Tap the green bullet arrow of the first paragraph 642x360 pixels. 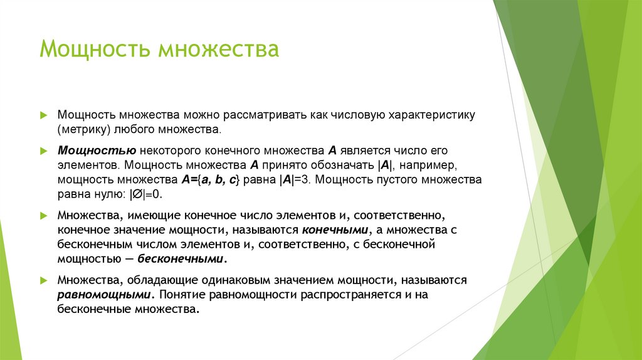(43, 116)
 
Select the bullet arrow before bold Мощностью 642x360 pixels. (43, 152)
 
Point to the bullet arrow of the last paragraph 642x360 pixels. (43, 280)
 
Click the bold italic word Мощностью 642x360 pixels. (97, 152)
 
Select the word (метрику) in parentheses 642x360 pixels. (84, 130)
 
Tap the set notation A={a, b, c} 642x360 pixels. (209, 179)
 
